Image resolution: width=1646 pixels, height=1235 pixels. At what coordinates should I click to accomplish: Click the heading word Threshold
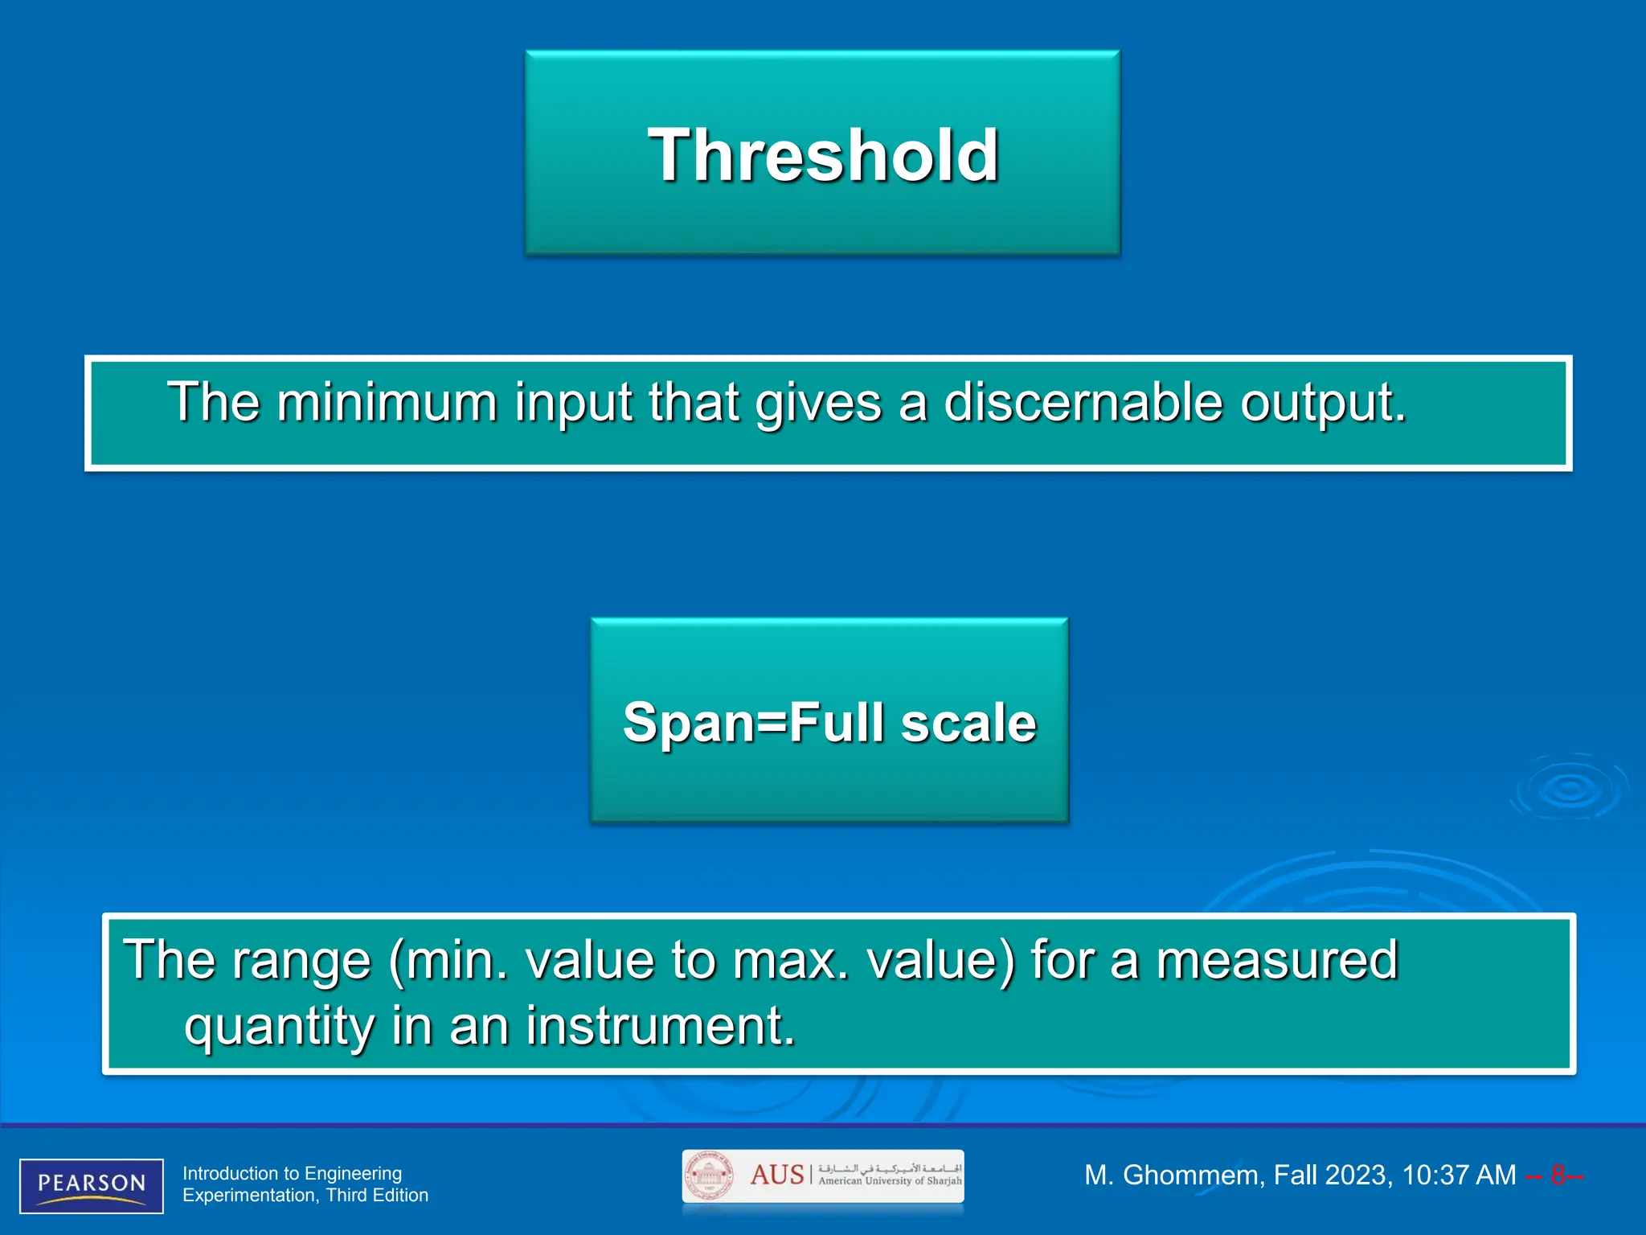(823, 155)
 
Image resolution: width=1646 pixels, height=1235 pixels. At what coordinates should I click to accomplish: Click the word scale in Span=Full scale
(968, 723)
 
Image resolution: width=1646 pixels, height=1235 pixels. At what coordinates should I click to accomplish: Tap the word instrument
(660, 1026)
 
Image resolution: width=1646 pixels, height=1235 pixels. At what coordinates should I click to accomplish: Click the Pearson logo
(92, 1185)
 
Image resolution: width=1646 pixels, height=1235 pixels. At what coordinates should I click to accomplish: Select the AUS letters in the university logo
(776, 1175)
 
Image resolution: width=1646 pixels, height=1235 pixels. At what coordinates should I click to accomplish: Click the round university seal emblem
(708, 1176)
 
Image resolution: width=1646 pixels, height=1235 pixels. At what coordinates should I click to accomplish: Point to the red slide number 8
(1558, 1176)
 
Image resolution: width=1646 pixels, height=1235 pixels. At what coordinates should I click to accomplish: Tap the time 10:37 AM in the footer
(1458, 1176)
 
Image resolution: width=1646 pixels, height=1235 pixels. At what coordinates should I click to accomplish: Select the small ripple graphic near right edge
(1570, 789)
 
